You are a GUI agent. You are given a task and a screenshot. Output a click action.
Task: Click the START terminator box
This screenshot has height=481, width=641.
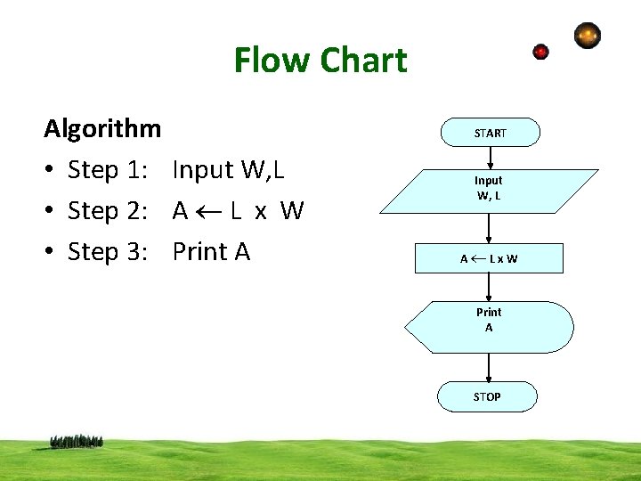tap(490, 133)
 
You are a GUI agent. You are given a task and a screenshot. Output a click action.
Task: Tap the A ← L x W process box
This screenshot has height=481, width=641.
tap(489, 258)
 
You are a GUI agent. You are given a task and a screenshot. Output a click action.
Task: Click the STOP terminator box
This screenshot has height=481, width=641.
tap(487, 396)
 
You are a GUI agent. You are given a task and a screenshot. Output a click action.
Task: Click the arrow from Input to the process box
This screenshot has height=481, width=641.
tap(490, 228)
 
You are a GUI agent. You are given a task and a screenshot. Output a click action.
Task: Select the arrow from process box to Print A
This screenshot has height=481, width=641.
tap(490, 287)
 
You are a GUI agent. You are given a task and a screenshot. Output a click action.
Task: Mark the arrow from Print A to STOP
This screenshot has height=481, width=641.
tap(489, 368)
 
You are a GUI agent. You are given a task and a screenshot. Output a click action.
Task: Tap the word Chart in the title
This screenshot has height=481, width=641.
tap(363, 61)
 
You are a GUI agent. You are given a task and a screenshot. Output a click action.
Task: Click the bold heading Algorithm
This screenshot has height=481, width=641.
tap(102, 128)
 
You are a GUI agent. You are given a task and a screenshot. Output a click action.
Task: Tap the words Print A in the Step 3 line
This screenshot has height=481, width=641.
tap(211, 252)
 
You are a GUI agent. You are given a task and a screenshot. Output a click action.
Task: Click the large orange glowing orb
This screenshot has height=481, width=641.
tap(588, 36)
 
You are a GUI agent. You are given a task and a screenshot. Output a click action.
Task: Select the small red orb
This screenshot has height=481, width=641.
tap(540, 52)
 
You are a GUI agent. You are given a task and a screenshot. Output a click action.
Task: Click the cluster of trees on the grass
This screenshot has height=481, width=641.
tap(77, 441)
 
